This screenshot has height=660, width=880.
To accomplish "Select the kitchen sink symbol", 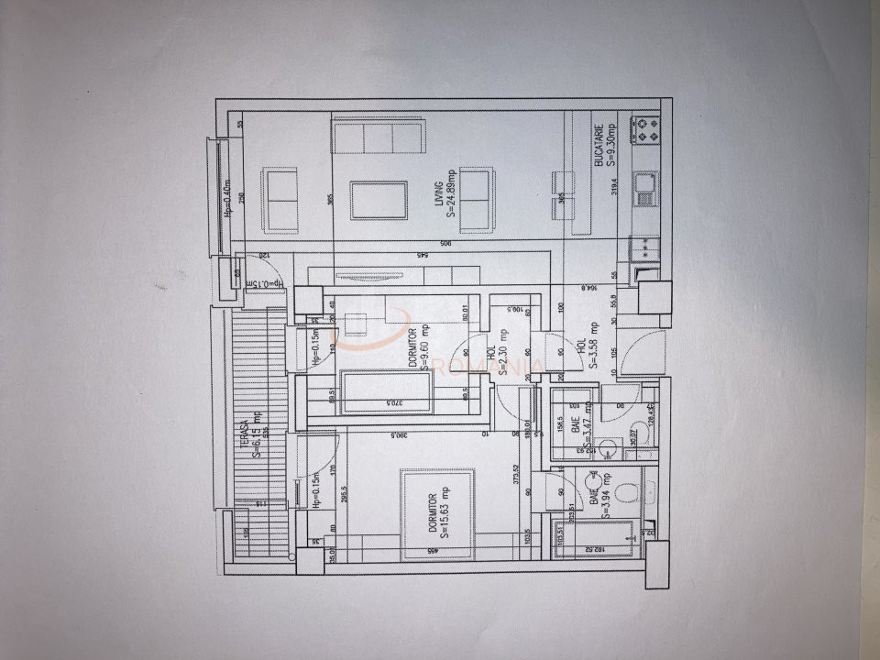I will coord(645,188).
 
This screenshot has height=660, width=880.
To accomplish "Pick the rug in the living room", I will coord(379,200).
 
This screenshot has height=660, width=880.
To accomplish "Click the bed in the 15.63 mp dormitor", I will coord(437,513).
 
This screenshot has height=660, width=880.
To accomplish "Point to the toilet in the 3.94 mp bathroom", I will coord(628,494).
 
